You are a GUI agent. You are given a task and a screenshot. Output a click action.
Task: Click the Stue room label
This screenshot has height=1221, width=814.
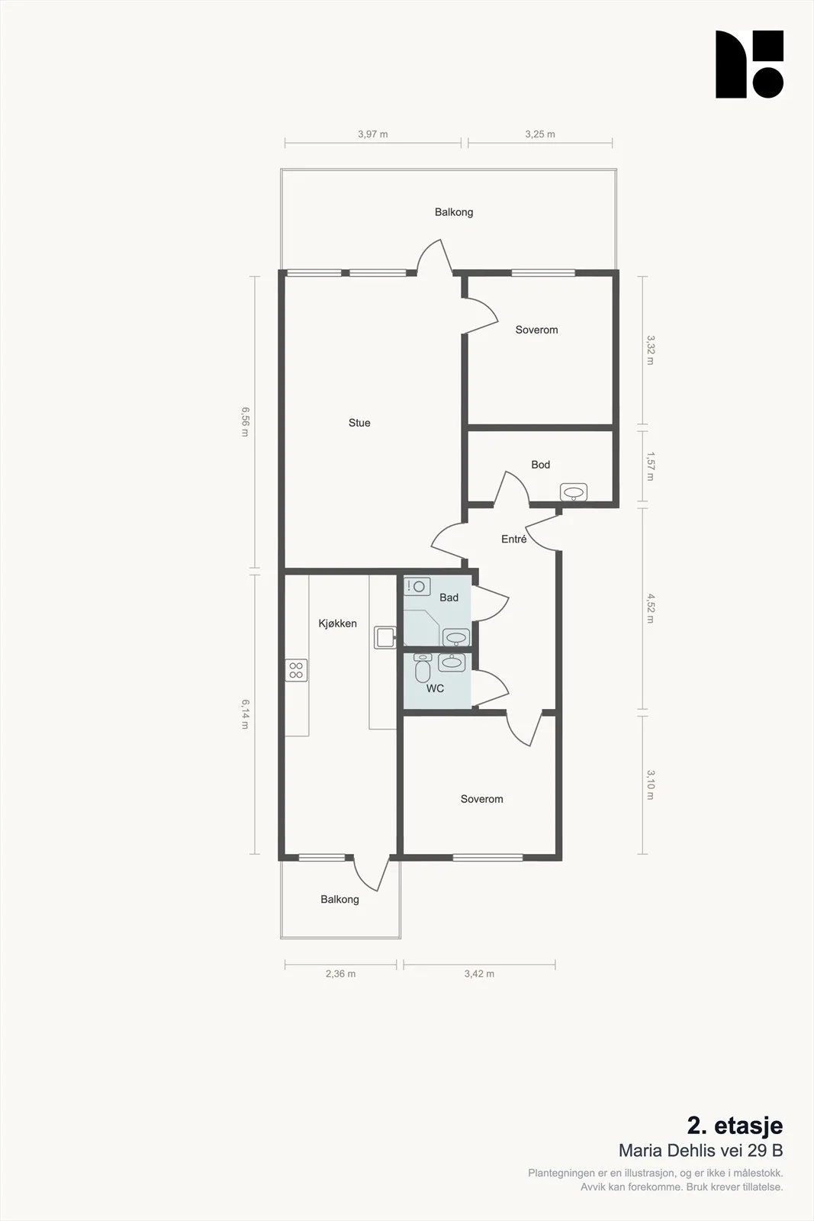pyautogui.click(x=359, y=423)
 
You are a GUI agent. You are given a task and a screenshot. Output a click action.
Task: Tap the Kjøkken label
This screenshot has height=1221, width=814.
pyautogui.click(x=337, y=623)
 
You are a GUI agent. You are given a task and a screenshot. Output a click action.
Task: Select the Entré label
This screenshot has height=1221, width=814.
pyautogui.click(x=513, y=539)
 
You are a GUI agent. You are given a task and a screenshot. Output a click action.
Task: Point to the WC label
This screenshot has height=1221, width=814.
pyautogui.click(x=435, y=688)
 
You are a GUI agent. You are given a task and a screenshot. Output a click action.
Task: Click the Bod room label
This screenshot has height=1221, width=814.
pyautogui.click(x=540, y=465)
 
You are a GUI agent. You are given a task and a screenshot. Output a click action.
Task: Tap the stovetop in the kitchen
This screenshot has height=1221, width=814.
pyautogui.click(x=296, y=671)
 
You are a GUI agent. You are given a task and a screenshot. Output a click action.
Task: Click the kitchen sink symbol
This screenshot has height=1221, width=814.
pyautogui.click(x=385, y=637)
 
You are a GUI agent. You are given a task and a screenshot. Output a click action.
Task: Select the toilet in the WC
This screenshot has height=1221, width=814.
pyautogui.click(x=423, y=668)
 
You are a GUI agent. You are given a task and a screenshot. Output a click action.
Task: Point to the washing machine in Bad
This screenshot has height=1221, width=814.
pyautogui.click(x=417, y=587)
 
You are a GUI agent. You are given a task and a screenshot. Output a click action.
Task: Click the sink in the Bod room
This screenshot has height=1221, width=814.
pyautogui.click(x=573, y=492)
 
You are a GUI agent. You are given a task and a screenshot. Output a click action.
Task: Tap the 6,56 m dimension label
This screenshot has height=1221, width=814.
pyautogui.click(x=245, y=421)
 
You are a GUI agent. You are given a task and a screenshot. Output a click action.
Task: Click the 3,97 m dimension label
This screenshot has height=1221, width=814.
pyautogui.click(x=373, y=134)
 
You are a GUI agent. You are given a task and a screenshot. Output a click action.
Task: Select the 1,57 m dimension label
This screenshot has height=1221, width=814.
pyautogui.click(x=650, y=466)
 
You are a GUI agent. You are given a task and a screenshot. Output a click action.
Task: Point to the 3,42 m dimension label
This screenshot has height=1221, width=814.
pyautogui.click(x=479, y=974)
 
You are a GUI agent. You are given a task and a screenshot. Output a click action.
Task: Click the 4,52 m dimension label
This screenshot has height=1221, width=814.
pyautogui.click(x=650, y=608)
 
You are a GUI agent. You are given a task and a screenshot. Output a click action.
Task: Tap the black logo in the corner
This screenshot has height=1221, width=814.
pyautogui.click(x=749, y=64)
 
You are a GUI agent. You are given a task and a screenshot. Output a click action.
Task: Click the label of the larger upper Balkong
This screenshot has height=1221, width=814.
pyautogui.click(x=454, y=212)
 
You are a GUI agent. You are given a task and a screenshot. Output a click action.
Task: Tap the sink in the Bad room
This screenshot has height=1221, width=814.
pyautogui.click(x=456, y=637)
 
